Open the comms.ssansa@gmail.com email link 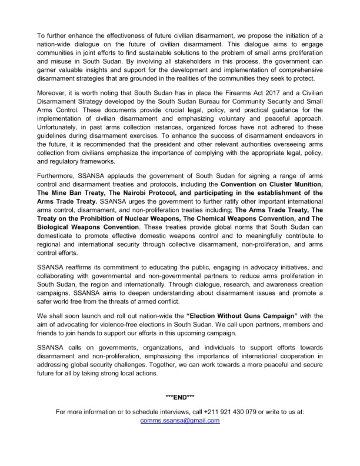[180, 421]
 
